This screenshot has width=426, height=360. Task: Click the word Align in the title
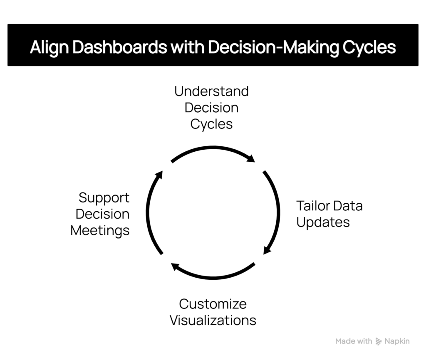pyautogui.click(x=50, y=47)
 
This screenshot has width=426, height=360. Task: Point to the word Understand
pyautogui.click(x=211, y=91)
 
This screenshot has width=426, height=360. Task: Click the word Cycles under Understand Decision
pyautogui.click(x=211, y=124)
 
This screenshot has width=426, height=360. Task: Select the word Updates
pyautogui.click(x=323, y=222)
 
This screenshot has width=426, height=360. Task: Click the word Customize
pyautogui.click(x=213, y=304)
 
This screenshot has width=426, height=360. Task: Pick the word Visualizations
pyautogui.click(x=213, y=321)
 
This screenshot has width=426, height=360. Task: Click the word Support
pyautogui.click(x=104, y=197)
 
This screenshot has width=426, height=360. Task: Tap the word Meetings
pyautogui.click(x=100, y=230)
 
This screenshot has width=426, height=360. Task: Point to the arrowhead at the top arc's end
pyautogui.click(x=251, y=159)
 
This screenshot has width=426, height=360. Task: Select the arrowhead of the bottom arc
pyautogui.click(x=175, y=266)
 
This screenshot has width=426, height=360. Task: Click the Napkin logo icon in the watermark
pyautogui.click(x=379, y=342)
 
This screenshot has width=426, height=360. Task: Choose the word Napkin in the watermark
pyautogui.click(x=397, y=341)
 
